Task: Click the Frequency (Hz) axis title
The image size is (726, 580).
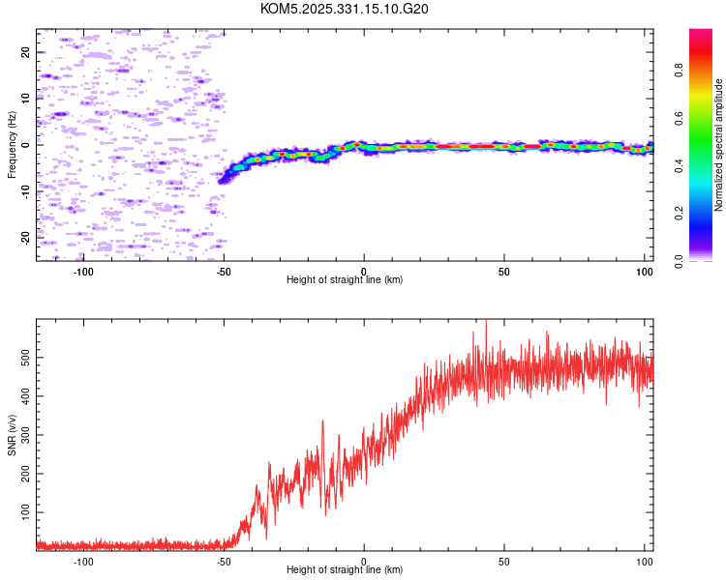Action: click(13, 145)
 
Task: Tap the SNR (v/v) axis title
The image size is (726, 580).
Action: click(13, 435)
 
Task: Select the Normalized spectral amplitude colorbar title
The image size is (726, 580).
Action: click(719, 145)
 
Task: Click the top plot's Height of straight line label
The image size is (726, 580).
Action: click(345, 279)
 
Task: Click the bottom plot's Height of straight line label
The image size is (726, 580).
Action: click(345, 569)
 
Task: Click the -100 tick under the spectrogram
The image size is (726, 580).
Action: click(83, 272)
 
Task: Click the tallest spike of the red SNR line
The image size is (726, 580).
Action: click(486, 322)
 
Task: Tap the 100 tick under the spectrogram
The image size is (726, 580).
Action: click(645, 272)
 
